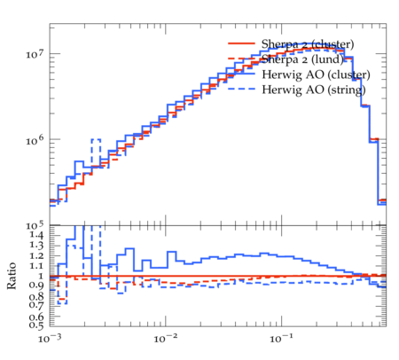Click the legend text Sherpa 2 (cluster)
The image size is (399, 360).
308,44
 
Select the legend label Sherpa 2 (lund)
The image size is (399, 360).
302,59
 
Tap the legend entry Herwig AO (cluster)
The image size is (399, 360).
316,74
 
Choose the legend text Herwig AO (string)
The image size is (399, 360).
314,90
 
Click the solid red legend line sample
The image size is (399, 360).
241,43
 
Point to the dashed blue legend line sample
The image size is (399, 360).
241,89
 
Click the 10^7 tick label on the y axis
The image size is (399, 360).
35,54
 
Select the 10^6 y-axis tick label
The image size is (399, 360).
35,140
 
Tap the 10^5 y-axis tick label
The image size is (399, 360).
35,226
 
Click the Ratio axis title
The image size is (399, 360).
12,276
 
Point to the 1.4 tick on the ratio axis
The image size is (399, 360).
36,235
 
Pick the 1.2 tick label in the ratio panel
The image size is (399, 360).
36,256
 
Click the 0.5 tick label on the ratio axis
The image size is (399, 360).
36,325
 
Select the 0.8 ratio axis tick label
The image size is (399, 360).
36,296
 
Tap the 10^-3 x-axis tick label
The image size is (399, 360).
49,339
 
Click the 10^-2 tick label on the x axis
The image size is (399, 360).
165,339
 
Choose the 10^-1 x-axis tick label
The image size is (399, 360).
280,339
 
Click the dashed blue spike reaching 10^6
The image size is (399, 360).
96,139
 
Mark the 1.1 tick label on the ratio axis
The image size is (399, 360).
36,266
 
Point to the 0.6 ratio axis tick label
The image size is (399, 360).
36,317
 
